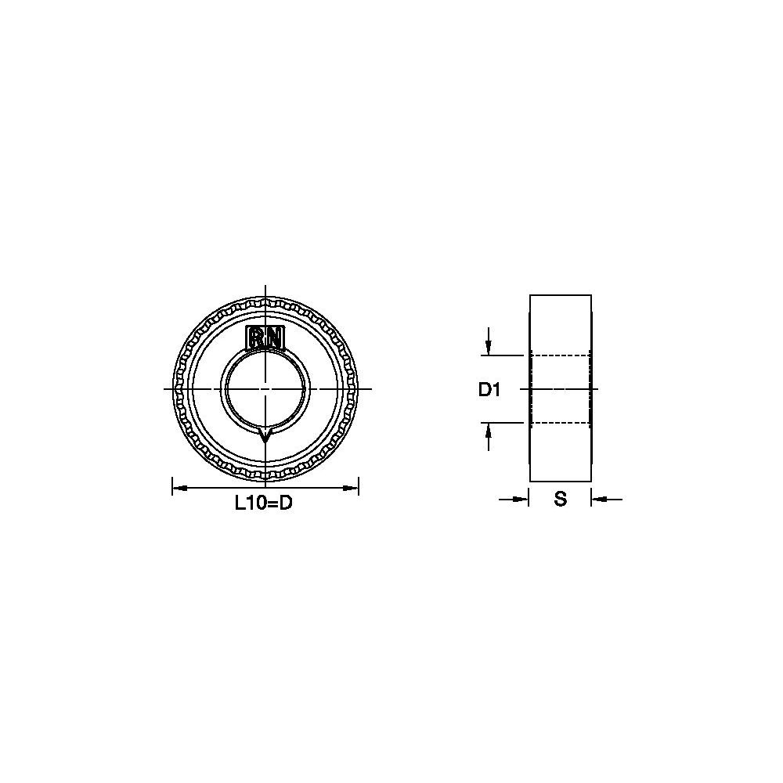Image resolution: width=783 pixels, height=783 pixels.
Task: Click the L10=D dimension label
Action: point(264,503)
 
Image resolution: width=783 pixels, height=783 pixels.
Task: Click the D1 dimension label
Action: point(489,389)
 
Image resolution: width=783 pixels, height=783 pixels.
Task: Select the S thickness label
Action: point(561,498)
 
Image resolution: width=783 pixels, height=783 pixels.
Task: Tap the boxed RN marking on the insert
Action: point(265,338)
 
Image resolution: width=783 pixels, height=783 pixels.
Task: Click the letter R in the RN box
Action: point(257,338)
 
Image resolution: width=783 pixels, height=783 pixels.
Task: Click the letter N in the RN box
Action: point(273,338)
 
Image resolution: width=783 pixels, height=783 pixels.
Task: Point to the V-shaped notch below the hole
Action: point(265,434)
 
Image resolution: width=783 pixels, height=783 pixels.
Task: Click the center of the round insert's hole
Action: point(265,388)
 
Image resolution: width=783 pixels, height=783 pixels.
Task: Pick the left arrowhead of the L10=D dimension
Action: point(180,487)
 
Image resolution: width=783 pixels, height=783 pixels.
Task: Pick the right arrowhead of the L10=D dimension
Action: point(351,487)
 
